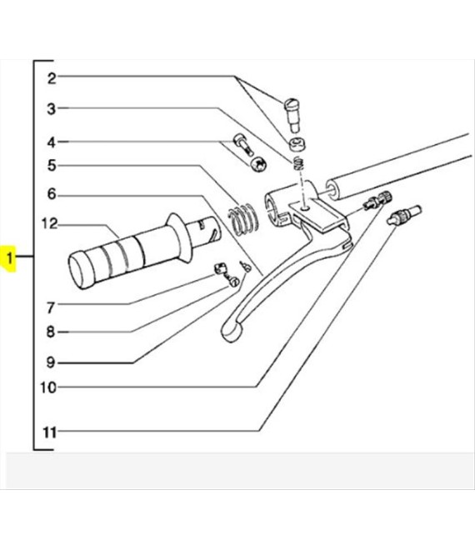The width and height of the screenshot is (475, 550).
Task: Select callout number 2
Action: pos(52,78)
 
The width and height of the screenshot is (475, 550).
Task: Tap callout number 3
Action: pos(52,108)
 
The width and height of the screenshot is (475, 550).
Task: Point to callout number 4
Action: pos(52,142)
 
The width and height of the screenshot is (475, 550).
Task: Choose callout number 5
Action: pos(52,165)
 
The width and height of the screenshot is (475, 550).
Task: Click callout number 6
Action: pos(52,193)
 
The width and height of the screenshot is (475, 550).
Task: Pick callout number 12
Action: pos(49,223)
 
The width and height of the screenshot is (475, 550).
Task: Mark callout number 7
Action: pos(51,307)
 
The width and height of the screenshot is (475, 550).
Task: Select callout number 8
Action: pos(51,332)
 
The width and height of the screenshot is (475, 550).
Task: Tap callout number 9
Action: pos(51,362)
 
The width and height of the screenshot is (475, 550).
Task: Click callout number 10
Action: pos(48,387)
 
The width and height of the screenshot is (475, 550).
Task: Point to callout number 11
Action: pos(49,432)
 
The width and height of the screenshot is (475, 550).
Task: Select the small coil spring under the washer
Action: pos(298,163)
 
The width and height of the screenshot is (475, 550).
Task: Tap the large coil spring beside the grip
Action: pos(242,220)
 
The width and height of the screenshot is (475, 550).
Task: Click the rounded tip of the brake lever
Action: pos(231,331)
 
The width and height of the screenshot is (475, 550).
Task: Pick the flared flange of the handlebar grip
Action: pos(180,237)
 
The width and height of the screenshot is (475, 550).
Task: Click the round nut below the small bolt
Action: pos(259,164)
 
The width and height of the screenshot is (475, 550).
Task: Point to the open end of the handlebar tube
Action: pos(332,189)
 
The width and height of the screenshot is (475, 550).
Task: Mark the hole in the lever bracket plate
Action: pos(306,208)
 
